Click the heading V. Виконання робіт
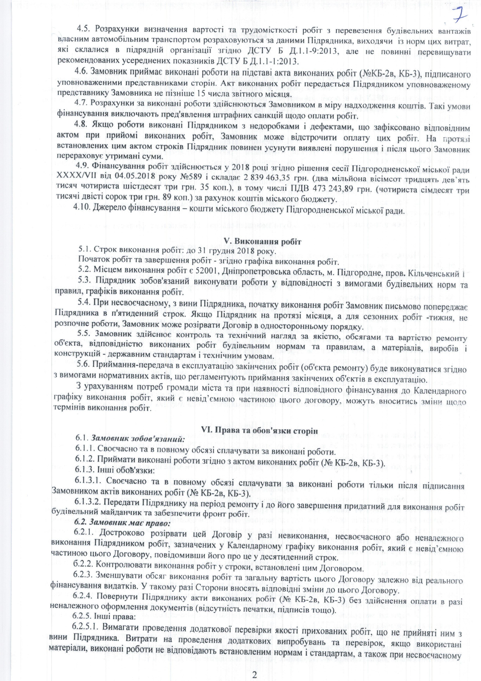(263, 242)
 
